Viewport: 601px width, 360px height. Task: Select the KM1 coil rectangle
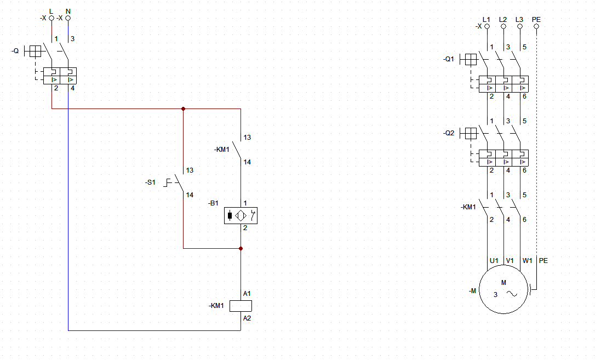coord(241,306)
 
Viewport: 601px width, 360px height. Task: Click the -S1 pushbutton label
coord(150,182)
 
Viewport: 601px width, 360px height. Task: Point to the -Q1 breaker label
coord(449,59)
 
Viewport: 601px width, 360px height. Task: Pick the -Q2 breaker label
coord(449,133)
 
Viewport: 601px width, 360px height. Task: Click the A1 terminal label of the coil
coord(247,294)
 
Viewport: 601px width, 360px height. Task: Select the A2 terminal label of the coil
coord(247,318)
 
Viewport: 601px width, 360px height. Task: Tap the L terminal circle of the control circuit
coord(51,18)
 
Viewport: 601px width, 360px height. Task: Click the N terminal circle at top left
coord(68,18)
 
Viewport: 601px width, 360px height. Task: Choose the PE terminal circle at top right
coord(536,26)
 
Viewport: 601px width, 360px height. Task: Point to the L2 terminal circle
coord(503,26)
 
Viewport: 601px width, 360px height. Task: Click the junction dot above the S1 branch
coord(183,109)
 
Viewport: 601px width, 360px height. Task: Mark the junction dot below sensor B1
coord(241,248)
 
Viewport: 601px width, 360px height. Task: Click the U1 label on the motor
coord(494,261)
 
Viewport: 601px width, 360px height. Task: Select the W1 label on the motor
coord(528,261)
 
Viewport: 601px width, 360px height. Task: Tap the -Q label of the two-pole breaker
coord(15,51)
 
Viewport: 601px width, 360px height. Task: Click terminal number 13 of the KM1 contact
coord(247,137)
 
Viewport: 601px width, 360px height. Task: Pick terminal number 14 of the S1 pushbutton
coord(190,195)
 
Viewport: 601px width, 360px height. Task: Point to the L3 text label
coord(519,20)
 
